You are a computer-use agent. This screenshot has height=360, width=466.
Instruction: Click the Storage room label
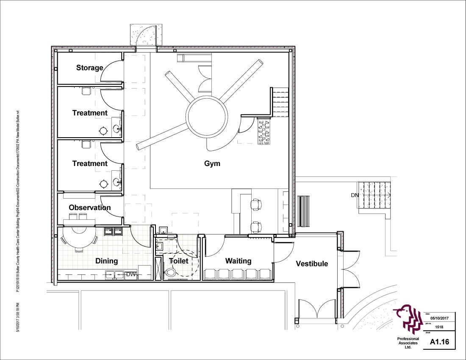89,68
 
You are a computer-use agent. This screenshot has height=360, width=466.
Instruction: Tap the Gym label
212,163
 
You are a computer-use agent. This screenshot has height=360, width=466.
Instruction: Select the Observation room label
89,208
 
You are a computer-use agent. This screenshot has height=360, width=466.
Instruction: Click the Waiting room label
238,261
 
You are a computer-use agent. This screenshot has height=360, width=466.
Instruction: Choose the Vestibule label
312,264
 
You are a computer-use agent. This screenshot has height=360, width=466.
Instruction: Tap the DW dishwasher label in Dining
130,275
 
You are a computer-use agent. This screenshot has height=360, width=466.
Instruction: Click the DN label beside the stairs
355,195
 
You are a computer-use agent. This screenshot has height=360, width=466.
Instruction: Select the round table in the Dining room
79,235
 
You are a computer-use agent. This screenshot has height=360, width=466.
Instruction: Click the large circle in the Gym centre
207,116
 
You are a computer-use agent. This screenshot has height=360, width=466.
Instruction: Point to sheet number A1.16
439,341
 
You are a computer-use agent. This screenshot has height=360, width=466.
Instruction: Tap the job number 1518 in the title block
439,327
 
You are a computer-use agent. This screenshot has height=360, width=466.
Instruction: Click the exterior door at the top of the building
146,35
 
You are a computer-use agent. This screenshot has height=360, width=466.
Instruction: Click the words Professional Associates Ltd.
408,343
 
